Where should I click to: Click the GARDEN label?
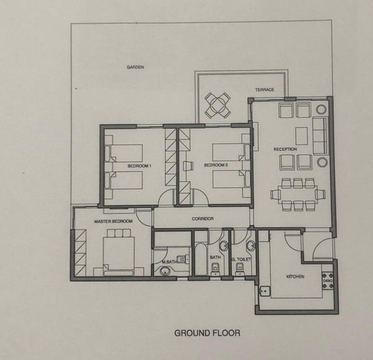(x=135, y=67)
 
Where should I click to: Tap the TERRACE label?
(x=265, y=90)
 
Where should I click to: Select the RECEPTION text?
(x=285, y=149)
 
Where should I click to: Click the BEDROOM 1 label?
(x=140, y=166)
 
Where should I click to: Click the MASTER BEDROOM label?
(x=113, y=222)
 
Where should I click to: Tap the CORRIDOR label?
(x=202, y=218)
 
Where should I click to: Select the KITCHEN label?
(x=295, y=277)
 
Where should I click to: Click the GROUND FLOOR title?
(x=207, y=333)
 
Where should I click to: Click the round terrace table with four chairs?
(x=218, y=106)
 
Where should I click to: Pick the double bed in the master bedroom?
(x=119, y=252)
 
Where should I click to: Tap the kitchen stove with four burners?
(x=328, y=281)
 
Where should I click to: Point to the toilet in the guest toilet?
(x=240, y=269)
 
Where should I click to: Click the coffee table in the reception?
(x=302, y=136)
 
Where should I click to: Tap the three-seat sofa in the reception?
(x=320, y=135)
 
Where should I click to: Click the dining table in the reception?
(x=298, y=195)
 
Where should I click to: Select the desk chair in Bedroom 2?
(x=188, y=166)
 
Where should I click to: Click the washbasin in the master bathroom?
(x=164, y=271)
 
